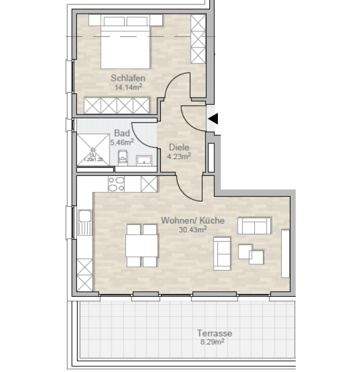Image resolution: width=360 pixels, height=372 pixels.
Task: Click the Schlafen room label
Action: point(128,78)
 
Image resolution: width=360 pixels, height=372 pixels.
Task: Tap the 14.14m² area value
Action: point(128,88)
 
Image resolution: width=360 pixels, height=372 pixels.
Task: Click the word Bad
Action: point(121,133)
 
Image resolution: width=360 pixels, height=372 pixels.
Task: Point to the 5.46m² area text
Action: point(121,142)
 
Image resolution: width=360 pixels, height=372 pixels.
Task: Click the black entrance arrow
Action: point(213,118)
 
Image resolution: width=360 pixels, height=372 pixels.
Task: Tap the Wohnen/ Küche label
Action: point(192,220)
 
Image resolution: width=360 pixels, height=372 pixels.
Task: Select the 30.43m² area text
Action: point(192,230)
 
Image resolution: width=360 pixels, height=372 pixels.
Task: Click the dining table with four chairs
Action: point(141,245)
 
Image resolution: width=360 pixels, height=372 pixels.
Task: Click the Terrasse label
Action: point(214,333)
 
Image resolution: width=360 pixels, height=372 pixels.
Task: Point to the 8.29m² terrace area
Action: point(214,343)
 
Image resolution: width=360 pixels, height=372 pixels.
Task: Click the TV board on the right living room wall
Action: point(285,254)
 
